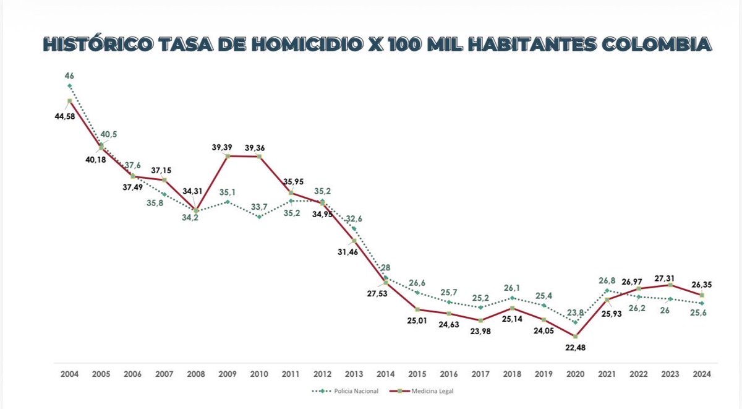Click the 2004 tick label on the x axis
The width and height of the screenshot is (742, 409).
[x=69, y=374]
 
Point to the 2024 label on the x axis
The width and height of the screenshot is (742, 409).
[x=702, y=374]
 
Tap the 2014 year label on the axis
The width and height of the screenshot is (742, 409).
[x=385, y=374]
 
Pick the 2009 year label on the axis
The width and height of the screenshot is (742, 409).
[x=227, y=374]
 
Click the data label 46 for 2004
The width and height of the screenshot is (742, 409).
[x=69, y=75]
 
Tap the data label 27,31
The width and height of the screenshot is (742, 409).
[x=670, y=274]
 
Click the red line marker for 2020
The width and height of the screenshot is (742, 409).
[x=576, y=337]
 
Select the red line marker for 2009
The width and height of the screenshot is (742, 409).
[x=227, y=156]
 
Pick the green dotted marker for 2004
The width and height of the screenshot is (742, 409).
[x=69, y=86]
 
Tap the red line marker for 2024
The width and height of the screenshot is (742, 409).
[x=702, y=295]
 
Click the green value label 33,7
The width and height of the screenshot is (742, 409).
[x=259, y=206]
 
